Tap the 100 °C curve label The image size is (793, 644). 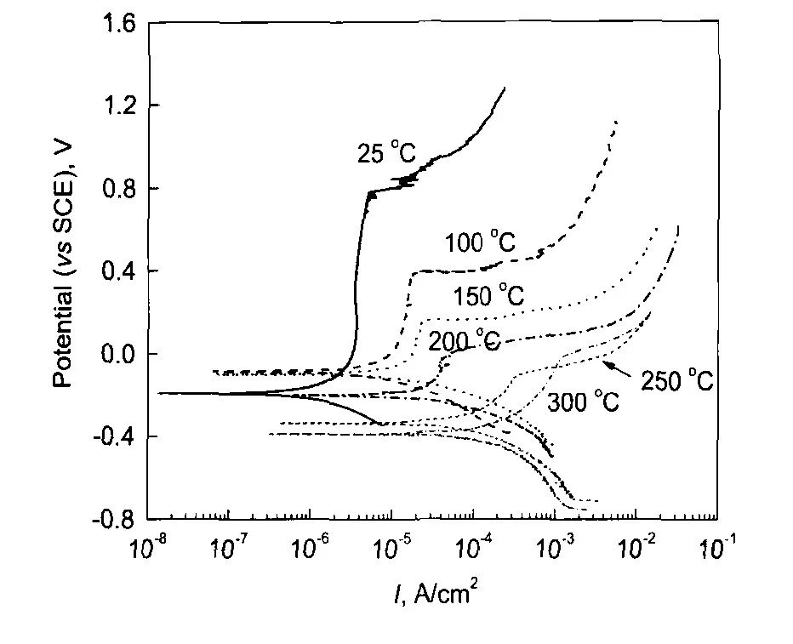click(x=480, y=242)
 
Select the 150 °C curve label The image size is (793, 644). click(x=488, y=296)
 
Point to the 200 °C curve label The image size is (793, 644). click(x=465, y=341)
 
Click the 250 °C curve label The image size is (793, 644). click(x=676, y=381)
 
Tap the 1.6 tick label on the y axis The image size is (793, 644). click(x=118, y=23)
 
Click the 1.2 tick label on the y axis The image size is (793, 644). click(x=118, y=105)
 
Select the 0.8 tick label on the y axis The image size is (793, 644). click(x=118, y=188)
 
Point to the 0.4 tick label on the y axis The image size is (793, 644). click(x=118, y=271)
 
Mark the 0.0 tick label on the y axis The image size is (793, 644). click(x=118, y=354)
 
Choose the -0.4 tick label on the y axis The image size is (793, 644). click(x=115, y=436)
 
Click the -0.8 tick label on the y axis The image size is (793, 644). click(x=115, y=519)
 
